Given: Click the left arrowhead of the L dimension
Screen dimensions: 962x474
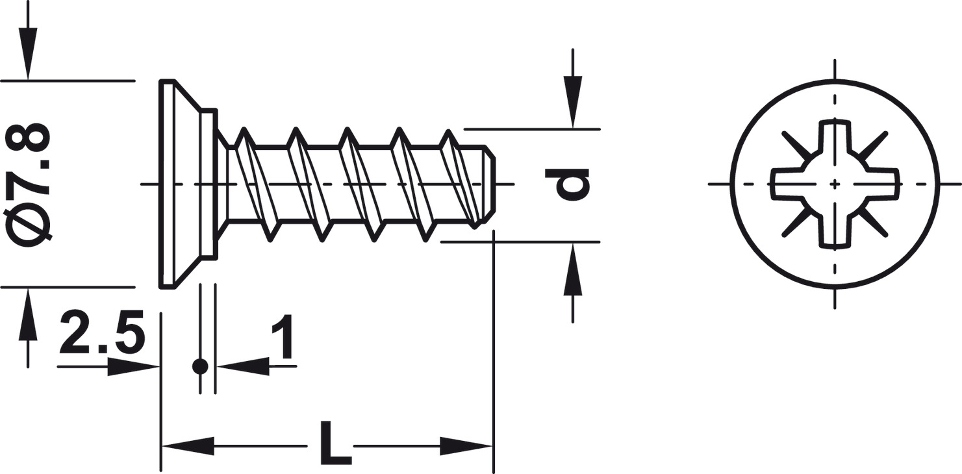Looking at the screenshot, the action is point(188,446).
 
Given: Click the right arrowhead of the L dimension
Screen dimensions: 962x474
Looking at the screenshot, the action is point(466,446).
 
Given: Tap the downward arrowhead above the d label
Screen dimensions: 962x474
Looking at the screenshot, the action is point(572,102).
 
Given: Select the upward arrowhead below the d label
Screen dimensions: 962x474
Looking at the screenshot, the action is point(572,269).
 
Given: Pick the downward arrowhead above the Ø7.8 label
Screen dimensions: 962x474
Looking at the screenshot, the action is point(28,54).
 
